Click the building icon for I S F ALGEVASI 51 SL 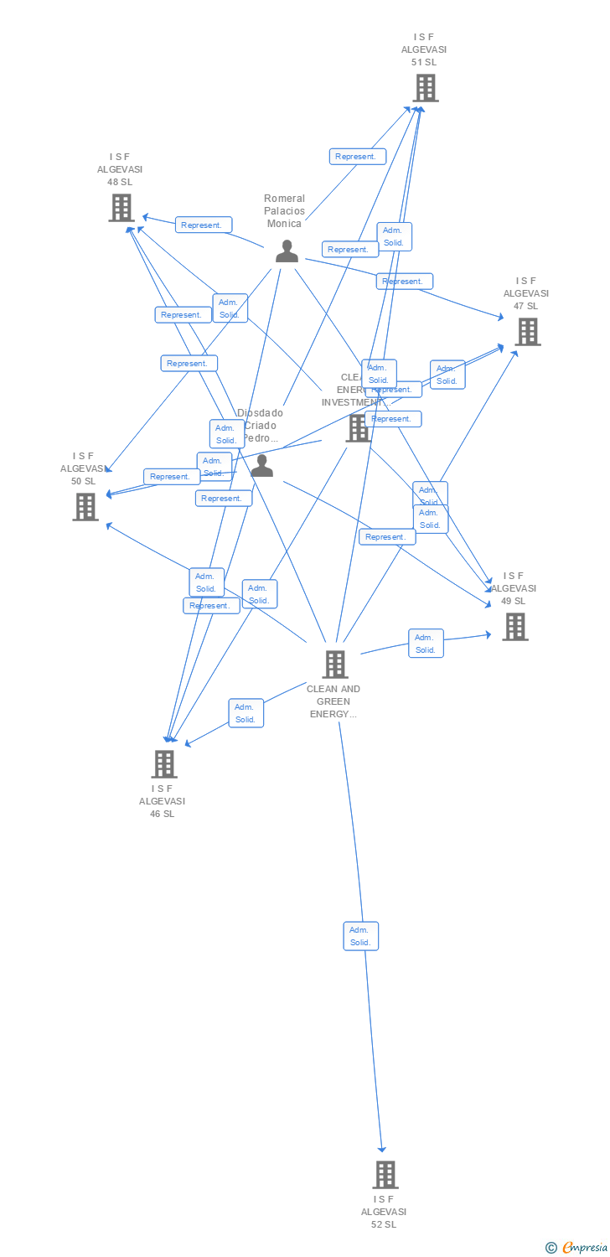coord(425,87)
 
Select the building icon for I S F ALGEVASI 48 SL coord(121,207)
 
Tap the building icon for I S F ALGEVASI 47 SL coord(527,331)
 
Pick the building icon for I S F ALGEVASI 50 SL coord(85,506)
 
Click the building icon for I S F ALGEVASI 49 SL coord(514,626)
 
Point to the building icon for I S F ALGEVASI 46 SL coord(164,763)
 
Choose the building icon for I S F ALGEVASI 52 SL coord(385,1174)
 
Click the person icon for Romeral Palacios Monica coord(287,251)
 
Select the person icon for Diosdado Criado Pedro coord(262,466)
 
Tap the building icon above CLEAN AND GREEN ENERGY coord(335,664)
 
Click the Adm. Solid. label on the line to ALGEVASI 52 coord(360,936)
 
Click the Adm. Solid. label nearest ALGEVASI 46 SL coord(246,713)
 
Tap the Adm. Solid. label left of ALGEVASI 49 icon coord(426,644)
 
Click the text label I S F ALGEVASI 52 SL coord(384,1212)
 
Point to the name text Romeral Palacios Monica coord(285,211)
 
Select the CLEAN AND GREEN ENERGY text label coord(333,701)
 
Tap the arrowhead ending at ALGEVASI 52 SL coord(382,1149)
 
